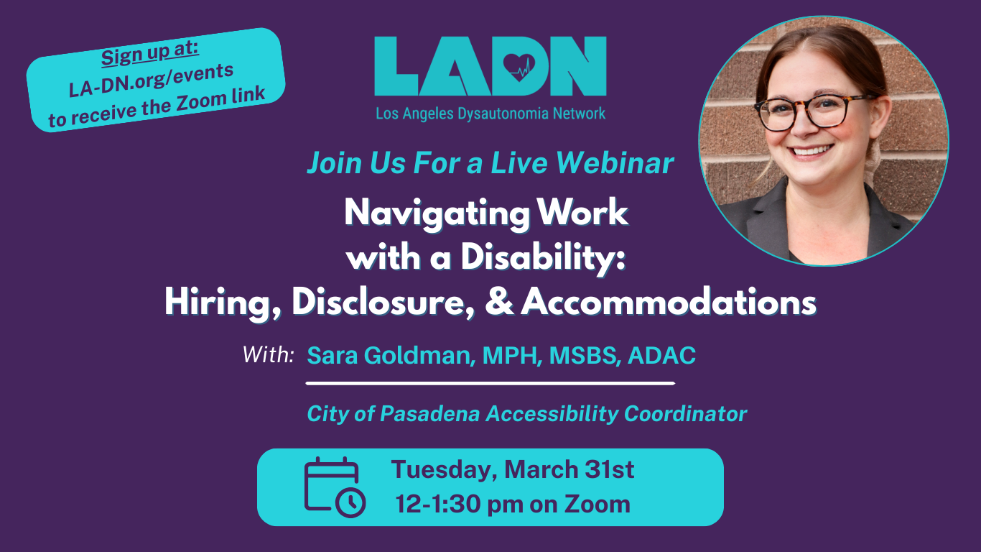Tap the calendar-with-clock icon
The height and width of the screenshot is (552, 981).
click(x=335, y=487)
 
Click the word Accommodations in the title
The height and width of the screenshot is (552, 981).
click(x=669, y=303)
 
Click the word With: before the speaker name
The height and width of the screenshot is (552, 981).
click(x=268, y=354)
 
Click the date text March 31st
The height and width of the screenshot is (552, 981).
click(x=569, y=470)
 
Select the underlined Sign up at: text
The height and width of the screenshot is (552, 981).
click(x=149, y=55)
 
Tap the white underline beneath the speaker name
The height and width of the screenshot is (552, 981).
click(x=490, y=384)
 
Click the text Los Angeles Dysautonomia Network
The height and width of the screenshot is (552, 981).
click(x=490, y=114)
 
